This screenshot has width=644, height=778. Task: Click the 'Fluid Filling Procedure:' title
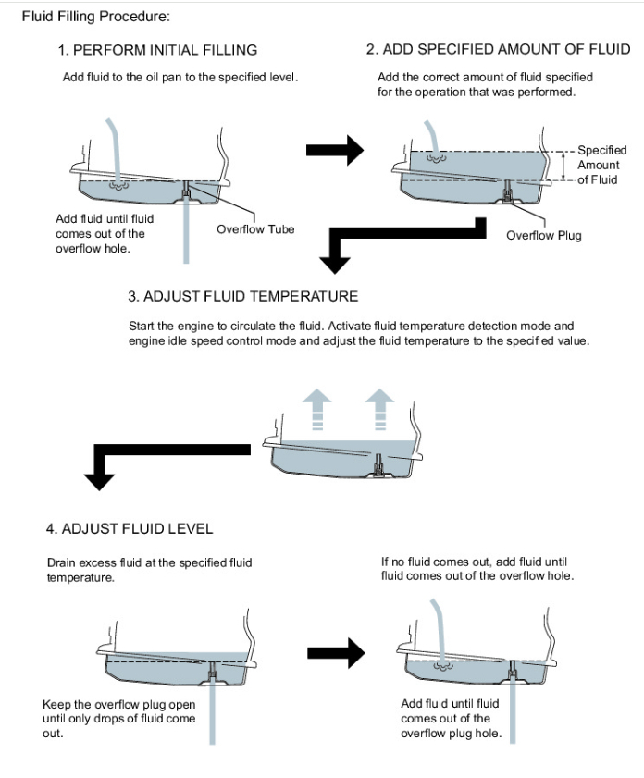pos(83,16)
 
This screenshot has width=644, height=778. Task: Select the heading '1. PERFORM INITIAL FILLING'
pos(158,49)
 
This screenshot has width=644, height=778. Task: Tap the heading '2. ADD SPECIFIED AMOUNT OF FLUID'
pos(498,49)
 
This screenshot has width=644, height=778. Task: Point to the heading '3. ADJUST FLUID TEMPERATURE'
pos(242,297)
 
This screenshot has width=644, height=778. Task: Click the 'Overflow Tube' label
pos(255,228)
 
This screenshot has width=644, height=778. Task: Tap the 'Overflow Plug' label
pos(544,235)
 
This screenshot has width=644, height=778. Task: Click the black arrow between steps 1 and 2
pos(334,148)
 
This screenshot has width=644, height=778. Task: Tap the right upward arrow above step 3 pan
pos(379,408)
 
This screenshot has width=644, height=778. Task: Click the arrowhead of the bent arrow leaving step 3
pos(99,477)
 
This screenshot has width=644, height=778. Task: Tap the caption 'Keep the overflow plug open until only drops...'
pos(118,718)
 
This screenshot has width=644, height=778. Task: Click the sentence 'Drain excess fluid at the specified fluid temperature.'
pos(148,569)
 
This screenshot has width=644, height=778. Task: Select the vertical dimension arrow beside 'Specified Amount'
pos(563,165)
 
